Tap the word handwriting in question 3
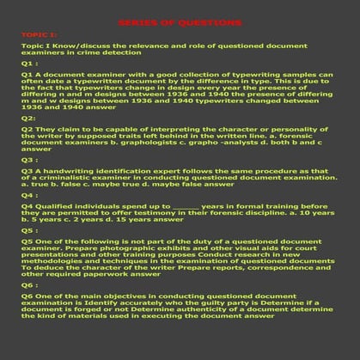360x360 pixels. [x=70, y=172]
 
